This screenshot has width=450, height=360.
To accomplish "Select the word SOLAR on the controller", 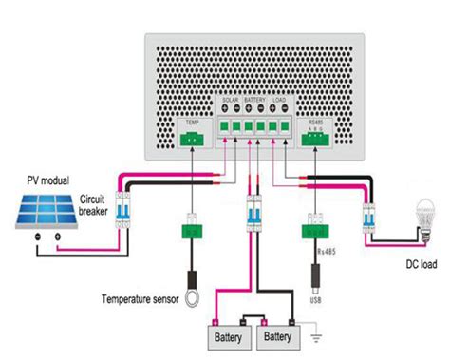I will (231, 99).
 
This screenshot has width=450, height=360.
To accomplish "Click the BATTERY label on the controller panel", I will (255, 99).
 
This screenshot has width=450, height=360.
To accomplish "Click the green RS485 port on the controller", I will (316, 139).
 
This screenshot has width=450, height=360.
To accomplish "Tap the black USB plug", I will (315, 276).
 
